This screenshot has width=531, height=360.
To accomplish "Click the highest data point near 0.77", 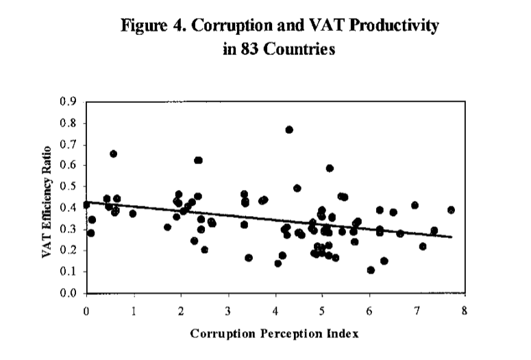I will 289,130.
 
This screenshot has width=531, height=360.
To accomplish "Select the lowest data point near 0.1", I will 371,270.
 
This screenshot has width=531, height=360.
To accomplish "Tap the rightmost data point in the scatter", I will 451,210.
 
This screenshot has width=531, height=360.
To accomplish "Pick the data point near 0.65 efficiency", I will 113,154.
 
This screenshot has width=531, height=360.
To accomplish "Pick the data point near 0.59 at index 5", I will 330,168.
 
